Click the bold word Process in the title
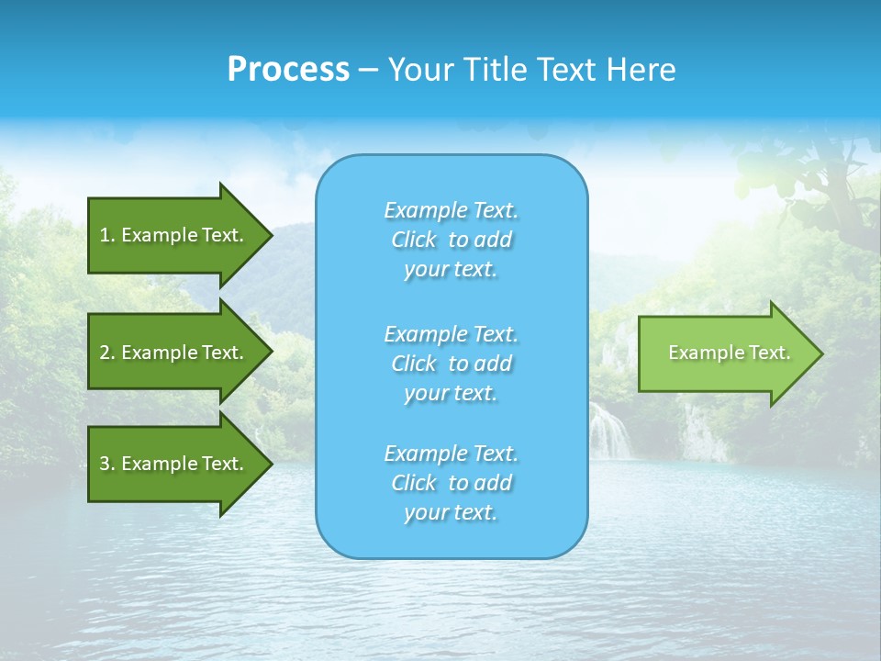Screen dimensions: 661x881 tap(288, 70)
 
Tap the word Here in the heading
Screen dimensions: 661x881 tap(640, 70)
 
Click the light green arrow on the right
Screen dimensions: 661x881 tap(725, 353)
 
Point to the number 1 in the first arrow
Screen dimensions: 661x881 tap(105, 235)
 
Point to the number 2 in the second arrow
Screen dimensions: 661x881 tap(105, 353)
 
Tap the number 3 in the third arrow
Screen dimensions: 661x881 tap(105, 464)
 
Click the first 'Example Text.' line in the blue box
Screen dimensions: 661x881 tap(451, 210)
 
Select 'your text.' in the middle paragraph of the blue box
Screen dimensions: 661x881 tap(451, 393)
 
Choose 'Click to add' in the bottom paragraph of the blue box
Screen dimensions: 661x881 tap(451, 483)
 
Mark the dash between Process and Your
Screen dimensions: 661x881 tap(368, 70)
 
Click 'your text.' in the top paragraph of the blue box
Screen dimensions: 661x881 tap(451, 270)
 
